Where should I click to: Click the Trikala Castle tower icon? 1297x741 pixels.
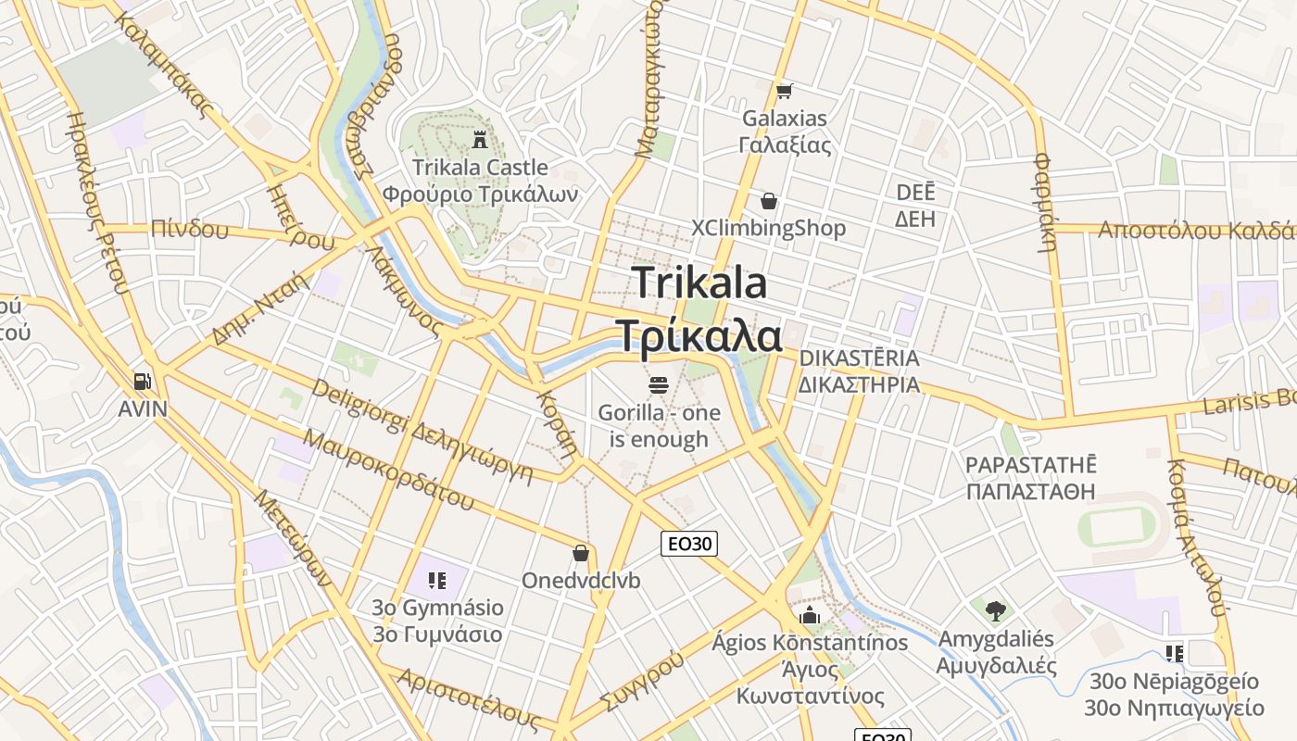[x=479, y=141]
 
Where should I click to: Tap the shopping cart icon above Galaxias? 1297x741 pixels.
[x=785, y=91]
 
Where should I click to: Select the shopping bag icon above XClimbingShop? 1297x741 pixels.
[x=768, y=201]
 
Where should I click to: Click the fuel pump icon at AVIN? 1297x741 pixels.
[x=142, y=381]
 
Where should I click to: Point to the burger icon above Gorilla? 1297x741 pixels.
[x=659, y=384]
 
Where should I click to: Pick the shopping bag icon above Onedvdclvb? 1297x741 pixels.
[x=581, y=553]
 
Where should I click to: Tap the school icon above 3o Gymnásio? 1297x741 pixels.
[x=437, y=581]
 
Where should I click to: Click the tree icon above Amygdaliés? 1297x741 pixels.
[x=996, y=611]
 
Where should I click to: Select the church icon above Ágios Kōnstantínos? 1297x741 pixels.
[x=811, y=616]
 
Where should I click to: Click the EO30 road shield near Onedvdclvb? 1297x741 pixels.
[x=689, y=544]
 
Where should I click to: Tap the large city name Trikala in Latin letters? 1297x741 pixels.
[x=699, y=283]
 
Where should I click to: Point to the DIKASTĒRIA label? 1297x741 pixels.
[x=859, y=358]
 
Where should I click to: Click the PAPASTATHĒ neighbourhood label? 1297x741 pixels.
[x=1030, y=465]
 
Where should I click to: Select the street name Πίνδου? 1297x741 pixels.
[x=189, y=229]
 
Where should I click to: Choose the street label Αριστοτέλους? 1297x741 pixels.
[x=468, y=697]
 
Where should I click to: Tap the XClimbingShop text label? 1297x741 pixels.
[x=769, y=229]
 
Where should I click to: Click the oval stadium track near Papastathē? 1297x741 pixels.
[x=1122, y=527]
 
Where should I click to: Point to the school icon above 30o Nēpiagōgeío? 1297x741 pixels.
[x=1175, y=654]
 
